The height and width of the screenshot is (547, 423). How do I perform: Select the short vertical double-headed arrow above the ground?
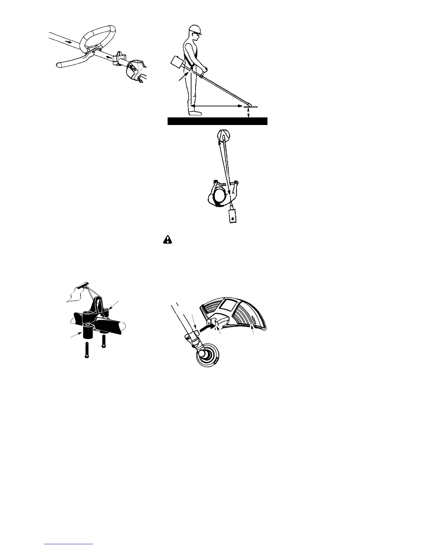point(249,113)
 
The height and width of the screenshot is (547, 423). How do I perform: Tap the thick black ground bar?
point(217,121)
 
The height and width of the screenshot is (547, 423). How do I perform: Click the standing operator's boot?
point(195,112)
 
